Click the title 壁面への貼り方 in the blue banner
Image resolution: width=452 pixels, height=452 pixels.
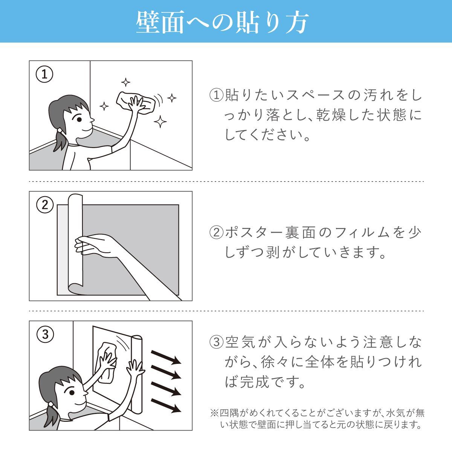[223, 22]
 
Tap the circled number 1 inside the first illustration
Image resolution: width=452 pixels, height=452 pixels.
[44, 75]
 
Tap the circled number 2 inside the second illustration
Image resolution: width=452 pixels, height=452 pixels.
[45, 205]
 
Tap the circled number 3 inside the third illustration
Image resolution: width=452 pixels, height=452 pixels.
[45, 334]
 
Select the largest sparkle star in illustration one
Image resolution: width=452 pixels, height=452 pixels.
[160, 121]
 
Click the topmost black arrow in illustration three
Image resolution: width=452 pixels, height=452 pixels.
[166, 357]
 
